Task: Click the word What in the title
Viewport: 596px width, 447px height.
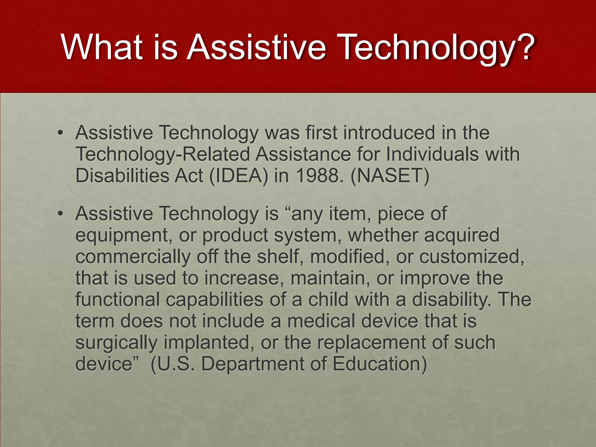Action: [102, 47]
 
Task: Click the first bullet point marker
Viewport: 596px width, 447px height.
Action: [60, 133]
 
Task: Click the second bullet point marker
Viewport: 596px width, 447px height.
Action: [60, 214]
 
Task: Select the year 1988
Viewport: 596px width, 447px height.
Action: [317, 175]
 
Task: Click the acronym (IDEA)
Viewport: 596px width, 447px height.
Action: [238, 175]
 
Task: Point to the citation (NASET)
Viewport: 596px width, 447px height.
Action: [390, 175]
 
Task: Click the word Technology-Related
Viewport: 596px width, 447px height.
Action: [163, 154]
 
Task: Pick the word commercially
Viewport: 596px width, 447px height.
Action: [133, 257]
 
